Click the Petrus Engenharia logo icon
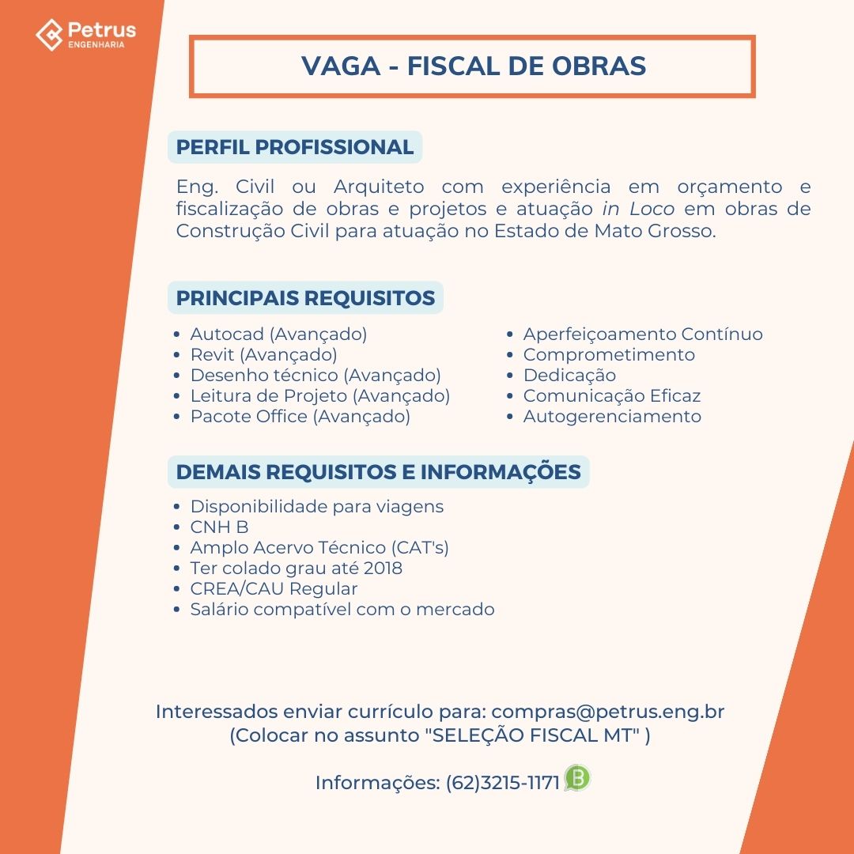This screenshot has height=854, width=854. pos(49,34)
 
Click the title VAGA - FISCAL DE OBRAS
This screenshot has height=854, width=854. pos(473,66)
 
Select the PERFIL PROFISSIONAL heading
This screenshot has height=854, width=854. pos(295,147)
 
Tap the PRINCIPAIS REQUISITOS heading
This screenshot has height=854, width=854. pos(305,298)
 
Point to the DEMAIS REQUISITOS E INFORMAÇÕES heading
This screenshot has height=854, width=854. pos(378,472)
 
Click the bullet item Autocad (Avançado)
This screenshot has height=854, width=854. pos(278,334)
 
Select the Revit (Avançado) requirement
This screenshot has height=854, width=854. pos(263,355)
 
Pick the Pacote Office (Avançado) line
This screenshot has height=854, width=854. pos(300,417)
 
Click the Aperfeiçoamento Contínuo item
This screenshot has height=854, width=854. pos(643,334)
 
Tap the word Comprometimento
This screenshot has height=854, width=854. pos(609,355)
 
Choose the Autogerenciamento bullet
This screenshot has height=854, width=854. pos(612,417)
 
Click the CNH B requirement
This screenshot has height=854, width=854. pos(219,527)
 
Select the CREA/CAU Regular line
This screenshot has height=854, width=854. pos(274,589)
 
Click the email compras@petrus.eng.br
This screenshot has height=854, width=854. pos(613,712)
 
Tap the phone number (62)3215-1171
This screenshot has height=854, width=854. pos(502,783)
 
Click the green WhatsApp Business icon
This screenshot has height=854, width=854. pos(577,779)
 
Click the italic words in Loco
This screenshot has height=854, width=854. pos(638,210)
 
